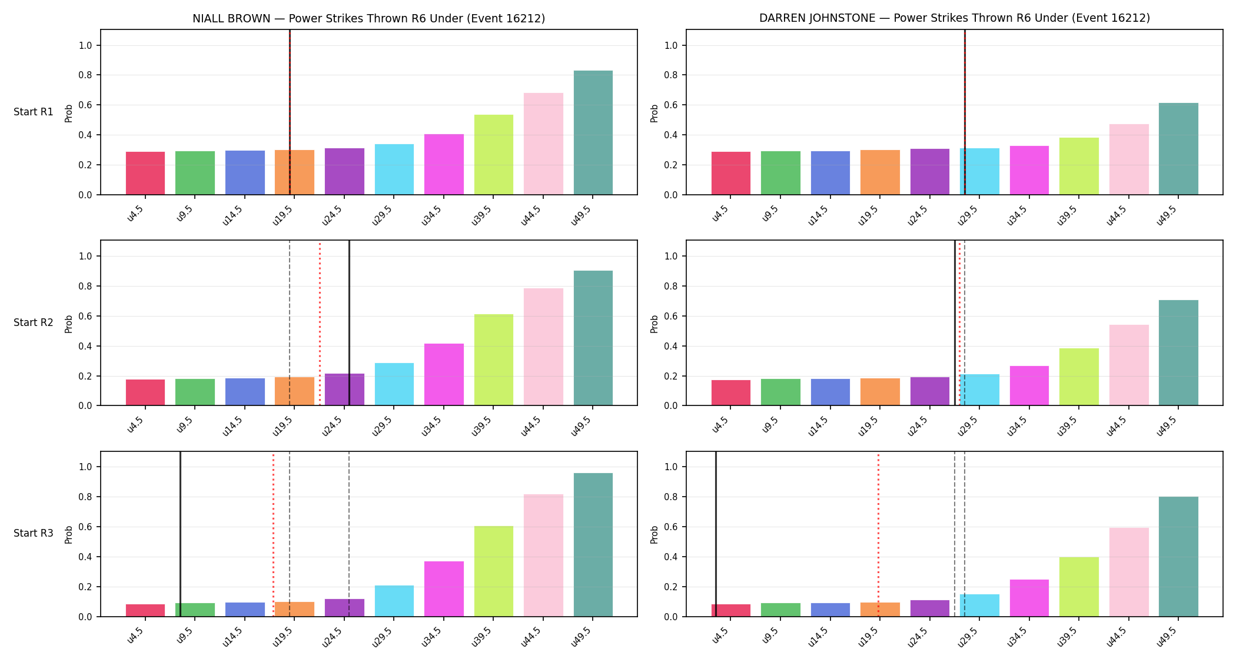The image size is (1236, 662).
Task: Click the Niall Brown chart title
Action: coord(368,18)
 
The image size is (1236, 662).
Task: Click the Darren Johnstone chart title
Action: coord(954,18)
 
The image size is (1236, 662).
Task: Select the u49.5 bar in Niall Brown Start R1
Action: coord(593,132)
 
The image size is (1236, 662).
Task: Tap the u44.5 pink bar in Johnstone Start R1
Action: coord(1128,159)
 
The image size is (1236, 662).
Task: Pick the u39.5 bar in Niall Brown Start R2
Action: coord(493,360)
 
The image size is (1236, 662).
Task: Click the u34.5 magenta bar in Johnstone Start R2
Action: coord(1029,385)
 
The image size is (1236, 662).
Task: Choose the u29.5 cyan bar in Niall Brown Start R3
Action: coord(394,601)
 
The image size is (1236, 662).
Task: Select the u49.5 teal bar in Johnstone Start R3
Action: coord(1178,557)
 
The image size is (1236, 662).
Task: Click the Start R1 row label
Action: coord(34,112)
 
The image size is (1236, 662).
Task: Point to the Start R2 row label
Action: coord(34,322)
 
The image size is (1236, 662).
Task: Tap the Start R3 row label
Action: coord(34,533)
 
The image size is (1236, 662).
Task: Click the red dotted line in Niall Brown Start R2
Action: coord(320,323)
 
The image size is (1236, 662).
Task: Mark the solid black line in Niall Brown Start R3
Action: coord(180,534)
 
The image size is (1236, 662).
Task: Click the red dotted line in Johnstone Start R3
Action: coord(878,534)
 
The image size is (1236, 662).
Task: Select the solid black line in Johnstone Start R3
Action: coord(716,534)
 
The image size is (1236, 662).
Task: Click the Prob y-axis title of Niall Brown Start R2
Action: coord(68,324)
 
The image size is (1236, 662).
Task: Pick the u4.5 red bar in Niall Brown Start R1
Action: coord(145,173)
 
